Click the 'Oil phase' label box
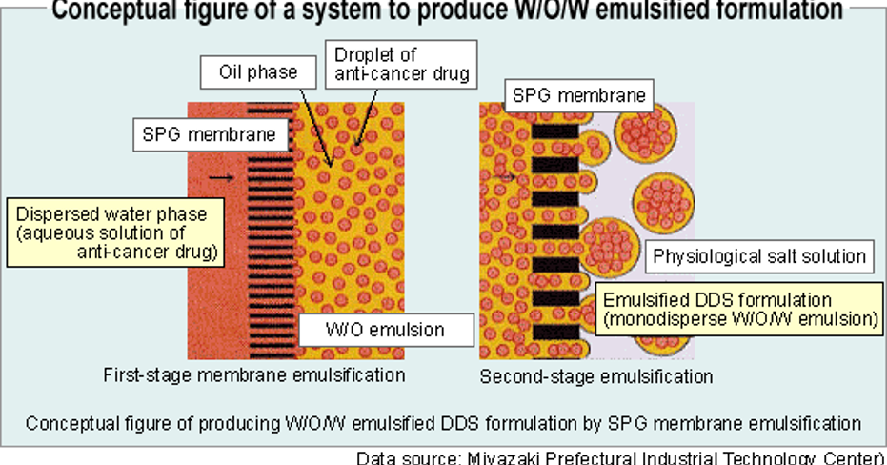point(258,72)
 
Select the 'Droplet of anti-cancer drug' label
point(399,65)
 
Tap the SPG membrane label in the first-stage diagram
point(210,134)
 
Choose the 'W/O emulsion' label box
point(386,330)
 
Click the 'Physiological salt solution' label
point(758,256)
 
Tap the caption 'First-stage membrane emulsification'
point(253,375)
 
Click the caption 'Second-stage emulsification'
point(595,376)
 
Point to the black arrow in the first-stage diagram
point(220,177)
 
